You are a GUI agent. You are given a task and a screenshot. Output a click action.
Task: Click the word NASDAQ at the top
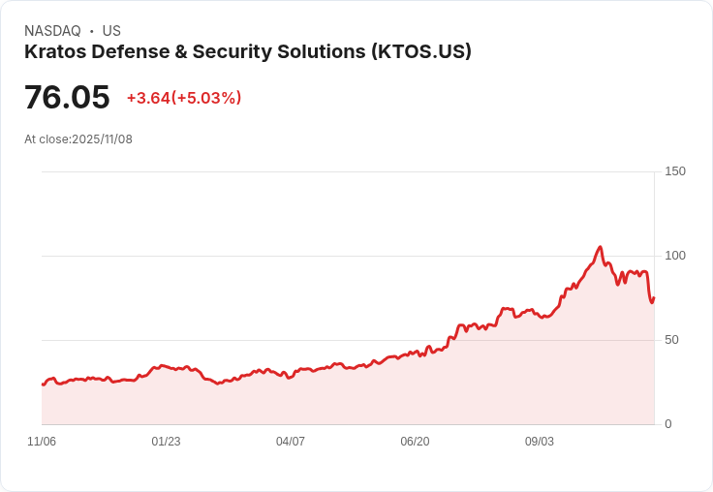(x=52, y=31)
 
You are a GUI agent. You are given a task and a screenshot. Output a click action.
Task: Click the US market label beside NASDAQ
(x=111, y=31)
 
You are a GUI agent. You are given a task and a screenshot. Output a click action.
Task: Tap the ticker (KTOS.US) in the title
(x=420, y=51)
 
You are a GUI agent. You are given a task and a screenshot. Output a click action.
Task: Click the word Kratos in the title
(x=54, y=51)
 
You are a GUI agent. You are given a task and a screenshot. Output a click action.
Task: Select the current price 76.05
(x=67, y=98)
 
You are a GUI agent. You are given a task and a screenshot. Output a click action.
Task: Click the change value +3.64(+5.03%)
(x=184, y=98)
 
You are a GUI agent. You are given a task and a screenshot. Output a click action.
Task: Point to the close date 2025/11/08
(x=103, y=139)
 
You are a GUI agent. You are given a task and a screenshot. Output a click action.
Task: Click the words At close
(x=46, y=139)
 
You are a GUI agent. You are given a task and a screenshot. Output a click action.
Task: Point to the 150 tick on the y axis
(x=675, y=171)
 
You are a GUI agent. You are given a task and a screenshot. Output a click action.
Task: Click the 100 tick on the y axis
(x=675, y=256)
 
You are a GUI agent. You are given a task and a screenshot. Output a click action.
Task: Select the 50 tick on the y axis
(x=672, y=340)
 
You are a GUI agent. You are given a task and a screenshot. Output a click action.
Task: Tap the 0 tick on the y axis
(x=668, y=424)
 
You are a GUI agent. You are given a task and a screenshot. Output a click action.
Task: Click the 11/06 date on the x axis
(x=42, y=442)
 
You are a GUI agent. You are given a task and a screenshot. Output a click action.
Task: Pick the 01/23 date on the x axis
(x=166, y=442)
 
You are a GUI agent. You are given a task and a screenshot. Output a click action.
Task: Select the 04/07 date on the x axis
(x=291, y=442)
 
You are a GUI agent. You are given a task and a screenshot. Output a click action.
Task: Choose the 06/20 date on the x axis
(x=415, y=442)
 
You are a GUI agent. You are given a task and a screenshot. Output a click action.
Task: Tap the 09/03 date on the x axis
(x=540, y=442)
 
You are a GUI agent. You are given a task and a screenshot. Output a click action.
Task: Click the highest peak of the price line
(x=600, y=247)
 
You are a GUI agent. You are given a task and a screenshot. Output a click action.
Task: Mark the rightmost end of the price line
(x=654, y=298)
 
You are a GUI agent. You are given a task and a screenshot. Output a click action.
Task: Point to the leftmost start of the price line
(x=43, y=384)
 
